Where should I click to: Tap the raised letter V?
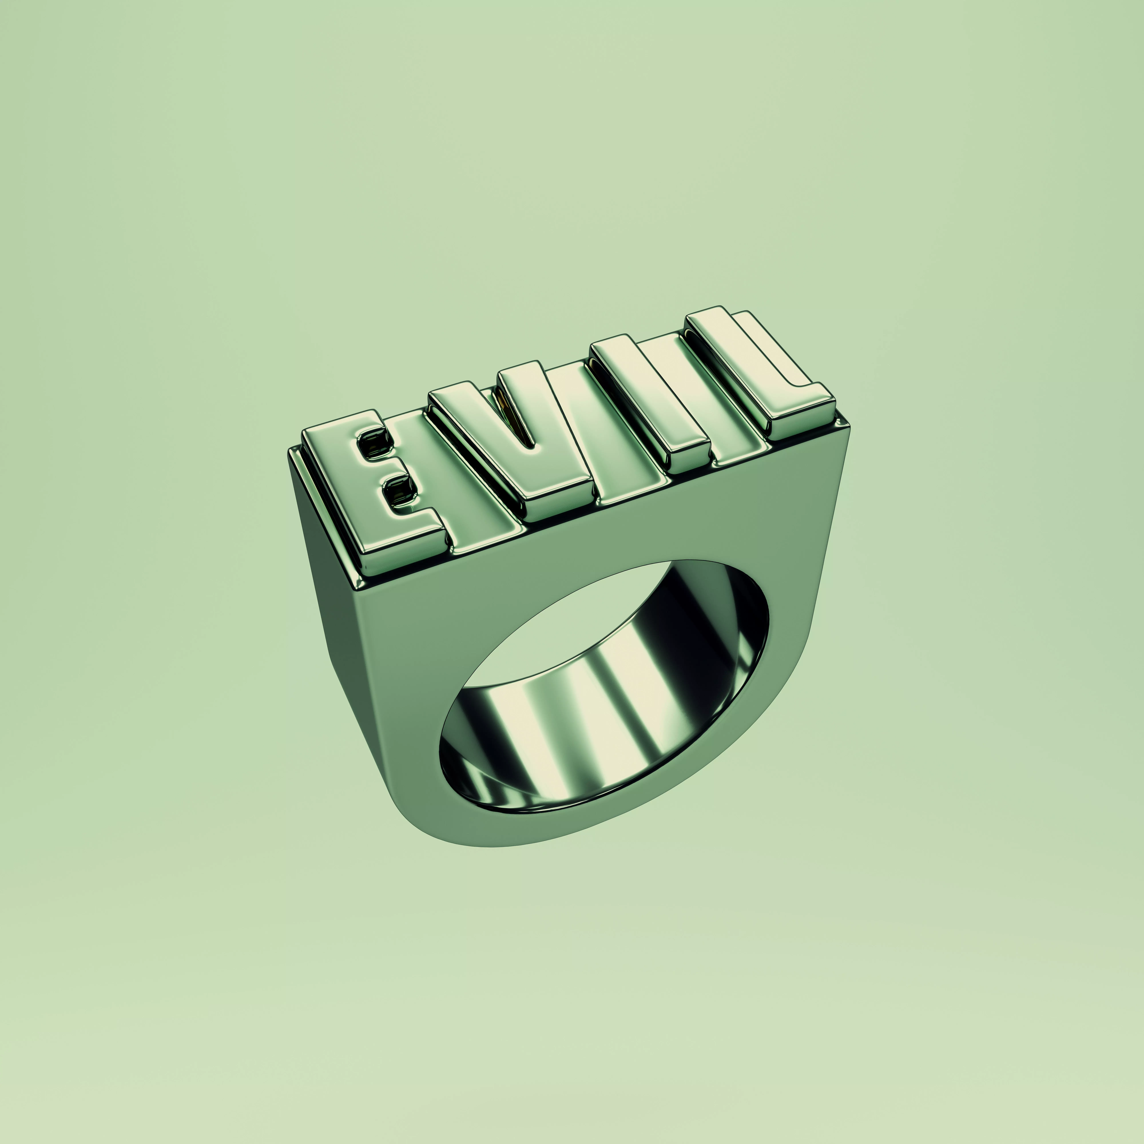click(521, 462)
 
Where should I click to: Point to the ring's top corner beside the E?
click(293, 453)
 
